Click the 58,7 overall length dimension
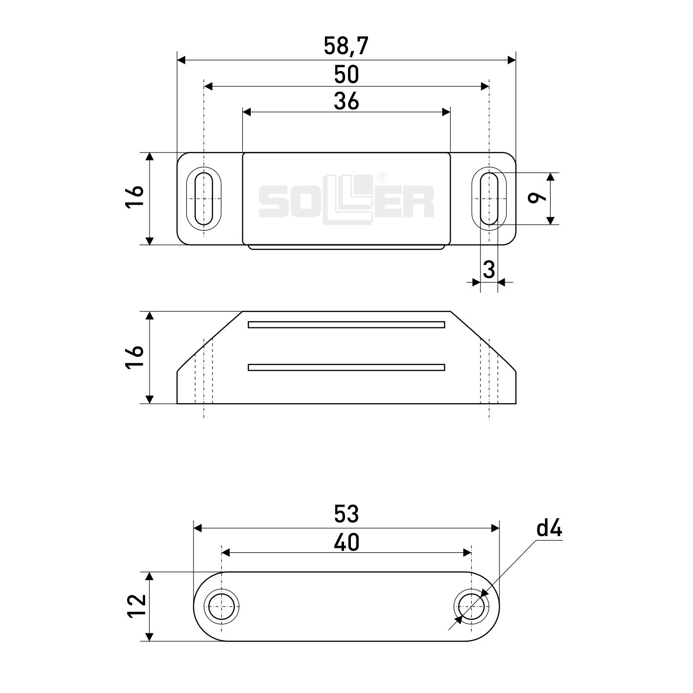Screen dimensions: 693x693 click(346, 46)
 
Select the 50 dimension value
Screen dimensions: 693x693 click(346, 74)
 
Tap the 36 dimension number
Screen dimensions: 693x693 click(346, 101)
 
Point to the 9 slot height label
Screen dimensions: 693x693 click(537, 198)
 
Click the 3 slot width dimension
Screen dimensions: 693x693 click(489, 270)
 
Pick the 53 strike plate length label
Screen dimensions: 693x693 click(346, 514)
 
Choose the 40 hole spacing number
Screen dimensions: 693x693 click(346, 542)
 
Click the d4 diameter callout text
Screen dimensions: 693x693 click(549, 529)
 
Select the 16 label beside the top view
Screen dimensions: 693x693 click(134, 198)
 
